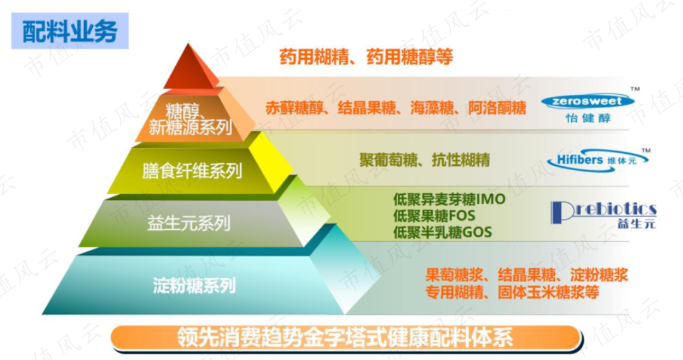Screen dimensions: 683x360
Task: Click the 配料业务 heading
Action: (x=70, y=31)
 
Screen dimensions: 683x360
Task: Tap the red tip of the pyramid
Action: (x=190, y=68)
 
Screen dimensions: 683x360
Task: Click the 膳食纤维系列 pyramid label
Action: (x=192, y=170)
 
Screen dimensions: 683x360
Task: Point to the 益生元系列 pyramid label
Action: (x=188, y=223)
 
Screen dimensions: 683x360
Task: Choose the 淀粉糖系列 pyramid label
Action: (x=194, y=285)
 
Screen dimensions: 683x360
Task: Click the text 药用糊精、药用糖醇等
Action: (x=366, y=57)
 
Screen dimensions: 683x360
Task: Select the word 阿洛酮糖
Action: (x=497, y=108)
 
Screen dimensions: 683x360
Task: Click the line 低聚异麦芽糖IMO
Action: (x=449, y=199)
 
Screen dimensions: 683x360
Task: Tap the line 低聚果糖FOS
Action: (x=434, y=216)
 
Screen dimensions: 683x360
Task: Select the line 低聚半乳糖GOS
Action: (x=443, y=232)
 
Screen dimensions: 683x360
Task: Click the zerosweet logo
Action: (x=588, y=107)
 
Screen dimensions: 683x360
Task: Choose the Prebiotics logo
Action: (x=603, y=214)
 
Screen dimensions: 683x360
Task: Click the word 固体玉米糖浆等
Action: (x=548, y=292)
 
